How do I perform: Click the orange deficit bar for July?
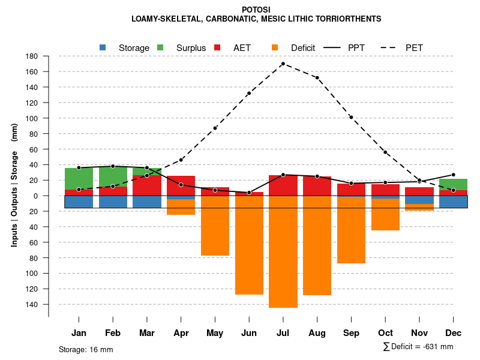[283, 252]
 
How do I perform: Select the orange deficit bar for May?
[215, 226]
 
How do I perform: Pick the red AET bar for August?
[317, 186]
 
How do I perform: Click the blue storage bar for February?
[113, 202]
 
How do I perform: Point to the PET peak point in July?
[283, 64]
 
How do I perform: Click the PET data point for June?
[248, 93]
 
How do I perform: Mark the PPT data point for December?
[453, 175]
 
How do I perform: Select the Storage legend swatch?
[103, 47]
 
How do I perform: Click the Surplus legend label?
[191, 48]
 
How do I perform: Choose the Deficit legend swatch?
[275, 47]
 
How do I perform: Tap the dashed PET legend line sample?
[388, 47]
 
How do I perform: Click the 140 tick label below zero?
[31, 305]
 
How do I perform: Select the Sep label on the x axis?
[351, 333]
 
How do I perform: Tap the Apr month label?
[181, 333]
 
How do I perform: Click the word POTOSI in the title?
[256, 10]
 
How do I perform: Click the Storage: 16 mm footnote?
[86, 349]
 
